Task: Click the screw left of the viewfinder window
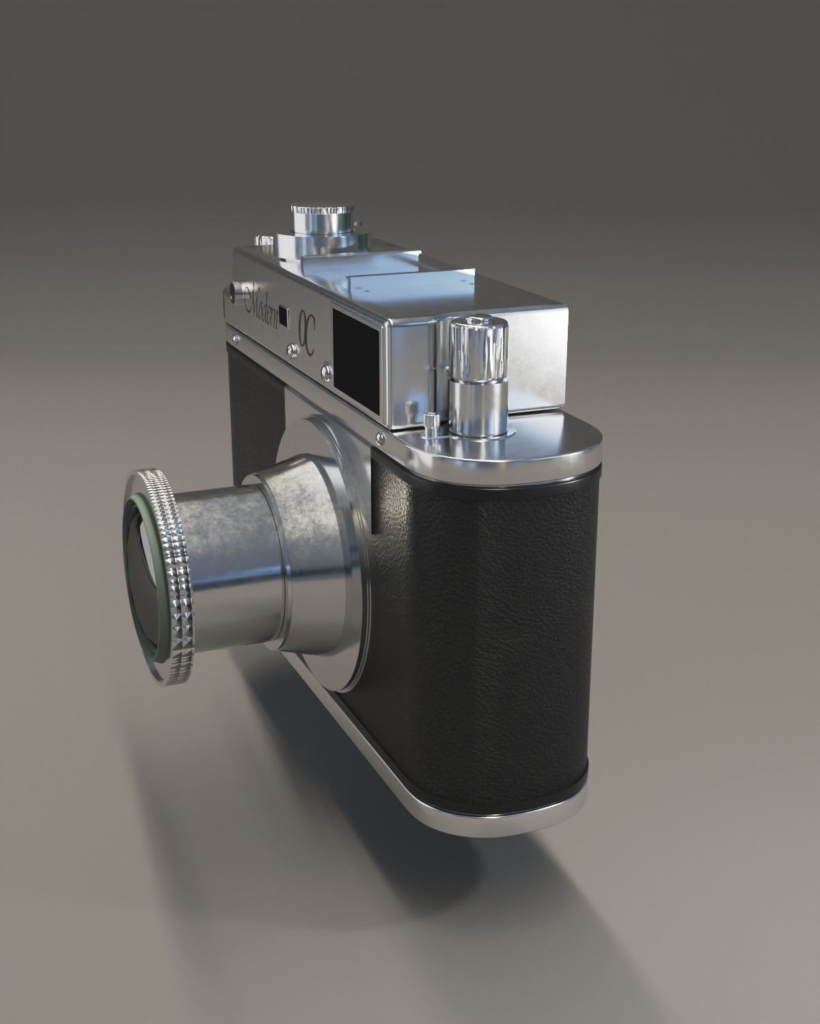coord(292,350)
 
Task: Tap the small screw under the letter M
coord(236,337)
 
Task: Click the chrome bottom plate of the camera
coord(478,819)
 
